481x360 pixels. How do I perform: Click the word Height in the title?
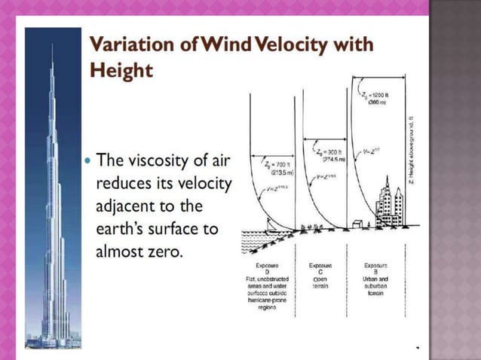[121, 69]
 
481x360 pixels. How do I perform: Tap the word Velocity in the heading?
[296, 45]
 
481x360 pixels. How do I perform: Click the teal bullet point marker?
[87, 161]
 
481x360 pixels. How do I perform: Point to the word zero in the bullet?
[161, 251]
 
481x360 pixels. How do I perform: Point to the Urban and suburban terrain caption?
[376, 286]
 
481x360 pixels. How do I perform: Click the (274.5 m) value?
[333, 160]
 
